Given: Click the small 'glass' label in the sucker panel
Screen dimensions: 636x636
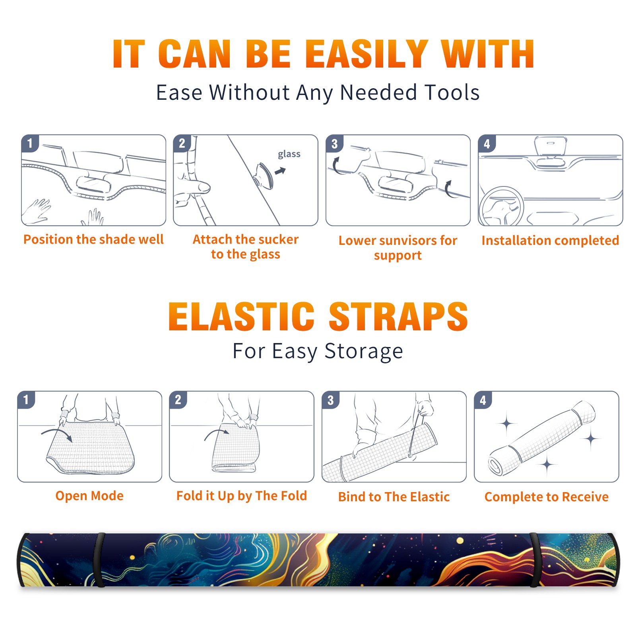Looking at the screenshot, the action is click(x=289, y=154).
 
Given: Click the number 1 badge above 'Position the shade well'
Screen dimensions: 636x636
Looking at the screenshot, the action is click(x=30, y=143).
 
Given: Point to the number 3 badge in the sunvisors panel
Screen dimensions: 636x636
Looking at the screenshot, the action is click(x=334, y=143).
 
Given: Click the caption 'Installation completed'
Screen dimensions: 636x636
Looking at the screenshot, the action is click(x=550, y=240).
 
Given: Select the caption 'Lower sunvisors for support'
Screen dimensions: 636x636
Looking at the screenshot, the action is click(x=398, y=248).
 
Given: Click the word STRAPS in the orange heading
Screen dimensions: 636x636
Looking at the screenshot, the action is click(x=398, y=316).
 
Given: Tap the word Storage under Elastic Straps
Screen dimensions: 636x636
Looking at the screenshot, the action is click(x=364, y=351).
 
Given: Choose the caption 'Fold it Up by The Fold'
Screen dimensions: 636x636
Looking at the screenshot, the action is click(x=242, y=496).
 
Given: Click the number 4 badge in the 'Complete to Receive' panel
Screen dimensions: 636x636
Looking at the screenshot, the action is click(x=483, y=400).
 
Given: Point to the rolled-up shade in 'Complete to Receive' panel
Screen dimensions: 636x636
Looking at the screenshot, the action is click(x=542, y=438).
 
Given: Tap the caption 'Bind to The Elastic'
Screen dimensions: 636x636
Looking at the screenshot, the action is click(x=394, y=497).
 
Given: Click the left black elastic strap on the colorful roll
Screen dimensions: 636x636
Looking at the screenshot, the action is click(x=99, y=560).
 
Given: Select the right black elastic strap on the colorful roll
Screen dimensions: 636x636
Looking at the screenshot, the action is click(x=535, y=560).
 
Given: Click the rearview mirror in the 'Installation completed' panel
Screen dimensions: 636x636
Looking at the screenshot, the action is click(x=551, y=146).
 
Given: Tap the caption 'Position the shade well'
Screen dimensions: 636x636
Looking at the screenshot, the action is click(x=93, y=239).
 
